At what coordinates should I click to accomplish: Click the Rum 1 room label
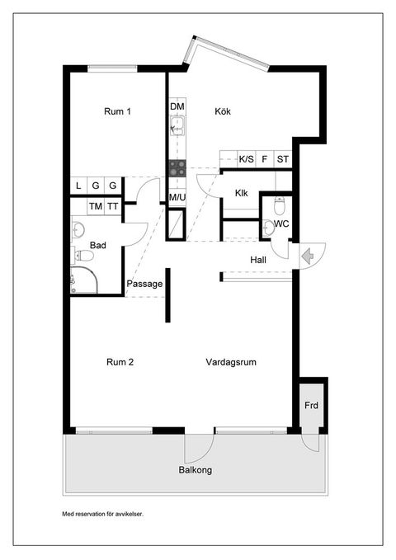(117, 111)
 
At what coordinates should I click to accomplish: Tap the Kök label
(223, 111)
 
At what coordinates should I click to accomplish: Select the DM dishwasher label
(177, 106)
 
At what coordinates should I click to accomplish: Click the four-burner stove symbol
(177, 168)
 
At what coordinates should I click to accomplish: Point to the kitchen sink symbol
(177, 125)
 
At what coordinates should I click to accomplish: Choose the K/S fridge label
(246, 159)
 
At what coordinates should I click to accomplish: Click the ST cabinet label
(283, 159)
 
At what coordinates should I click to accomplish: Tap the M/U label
(177, 197)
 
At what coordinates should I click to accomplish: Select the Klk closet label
(242, 193)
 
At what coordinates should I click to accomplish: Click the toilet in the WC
(280, 205)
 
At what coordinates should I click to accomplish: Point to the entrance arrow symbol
(308, 256)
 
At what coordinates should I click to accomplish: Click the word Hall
(258, 260)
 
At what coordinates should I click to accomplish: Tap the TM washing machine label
(96, 206)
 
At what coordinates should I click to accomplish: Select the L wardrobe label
(78, 186)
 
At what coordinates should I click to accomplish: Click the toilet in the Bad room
(84, 255)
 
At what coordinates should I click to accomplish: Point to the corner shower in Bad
(84, 280)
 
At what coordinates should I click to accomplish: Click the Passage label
(144, 284)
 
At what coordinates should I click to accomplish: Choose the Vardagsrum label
(231, 362)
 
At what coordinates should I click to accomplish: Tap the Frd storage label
(311, 405)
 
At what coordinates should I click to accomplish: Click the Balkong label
(196, 470)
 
